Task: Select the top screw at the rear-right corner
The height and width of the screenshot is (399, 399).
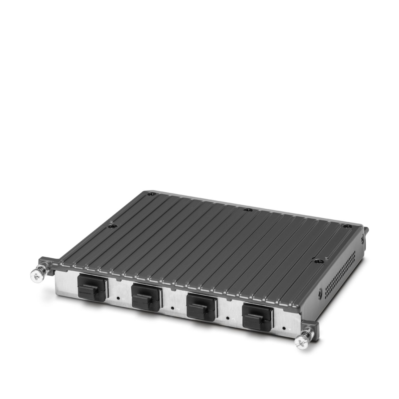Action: click(x=348, y=226)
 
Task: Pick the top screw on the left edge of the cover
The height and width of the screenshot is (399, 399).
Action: click(x=110, y=226)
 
